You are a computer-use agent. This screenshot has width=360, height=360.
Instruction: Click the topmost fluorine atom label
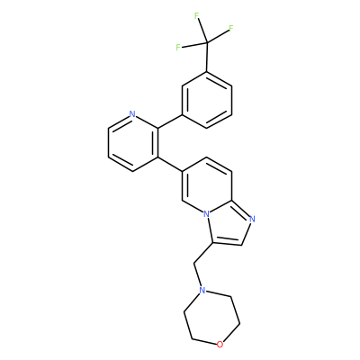[197, 16]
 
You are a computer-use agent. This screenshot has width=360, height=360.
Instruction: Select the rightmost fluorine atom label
[231, 28]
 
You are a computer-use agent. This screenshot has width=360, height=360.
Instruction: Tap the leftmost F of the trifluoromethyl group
[178, 48]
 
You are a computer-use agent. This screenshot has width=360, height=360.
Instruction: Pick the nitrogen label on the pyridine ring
[132, 114]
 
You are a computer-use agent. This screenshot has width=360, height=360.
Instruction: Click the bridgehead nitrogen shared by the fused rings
[206, 214]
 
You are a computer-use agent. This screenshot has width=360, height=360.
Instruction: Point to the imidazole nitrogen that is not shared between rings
[252, 219]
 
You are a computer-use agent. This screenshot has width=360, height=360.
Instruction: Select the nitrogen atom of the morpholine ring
[202, 290]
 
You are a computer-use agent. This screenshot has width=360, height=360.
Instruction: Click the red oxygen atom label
[220, 345]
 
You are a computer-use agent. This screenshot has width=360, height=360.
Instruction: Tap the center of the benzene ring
[207, 100]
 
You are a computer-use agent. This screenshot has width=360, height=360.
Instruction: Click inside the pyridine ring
[133, 142]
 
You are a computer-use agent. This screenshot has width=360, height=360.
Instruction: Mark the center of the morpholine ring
[211, 318]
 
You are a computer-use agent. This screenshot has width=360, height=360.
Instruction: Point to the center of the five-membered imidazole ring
[229, 225]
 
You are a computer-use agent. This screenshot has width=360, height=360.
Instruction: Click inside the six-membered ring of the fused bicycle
[207, 185]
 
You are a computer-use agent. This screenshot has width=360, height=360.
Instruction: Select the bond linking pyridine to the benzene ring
[170, 121]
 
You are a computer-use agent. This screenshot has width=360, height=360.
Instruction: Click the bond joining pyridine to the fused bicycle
[170, 164]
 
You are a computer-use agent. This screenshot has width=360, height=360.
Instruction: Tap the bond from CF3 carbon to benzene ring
[207, 58]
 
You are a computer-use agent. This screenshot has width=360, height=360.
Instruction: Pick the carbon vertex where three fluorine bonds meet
[207, 43]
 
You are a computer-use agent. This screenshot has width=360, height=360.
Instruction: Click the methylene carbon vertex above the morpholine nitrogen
[194, 264]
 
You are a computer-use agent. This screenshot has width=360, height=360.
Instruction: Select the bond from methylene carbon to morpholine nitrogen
[198, 275]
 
